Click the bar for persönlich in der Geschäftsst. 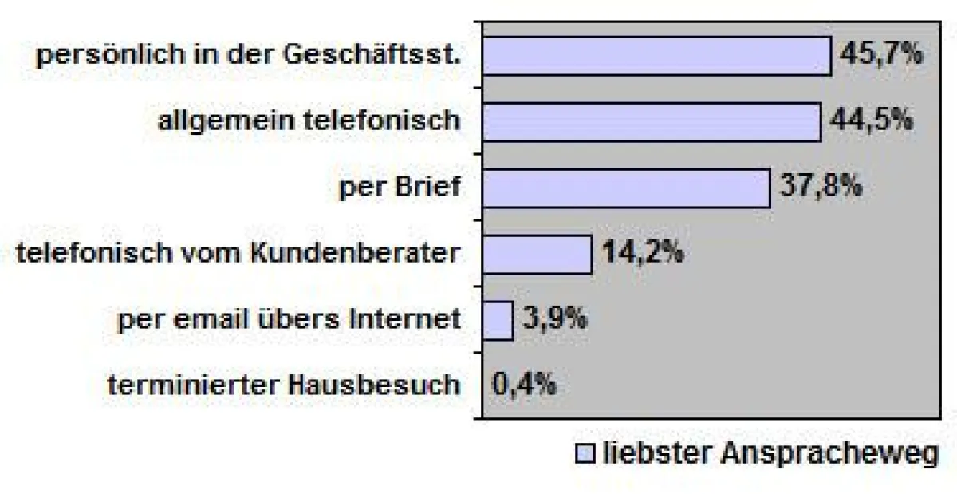point(656,56)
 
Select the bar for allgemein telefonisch point(652,122)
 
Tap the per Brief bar point(626,188)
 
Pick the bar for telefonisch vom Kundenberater point(537,254)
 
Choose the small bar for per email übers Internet point(498,320)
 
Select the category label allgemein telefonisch point(309,121)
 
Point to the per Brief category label point(399,188)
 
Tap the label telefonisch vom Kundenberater point(238,254)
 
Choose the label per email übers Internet point(289,320)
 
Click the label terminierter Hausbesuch point(284,385)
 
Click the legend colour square point(585,454)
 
